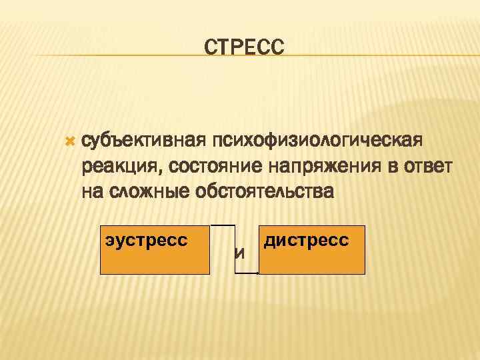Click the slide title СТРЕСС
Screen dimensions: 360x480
(244, 47)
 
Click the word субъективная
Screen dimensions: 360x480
(141, 142)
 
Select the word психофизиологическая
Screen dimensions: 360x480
(317, 141)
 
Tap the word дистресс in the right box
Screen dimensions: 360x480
(306, 240)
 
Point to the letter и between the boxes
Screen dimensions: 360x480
(239, 253)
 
